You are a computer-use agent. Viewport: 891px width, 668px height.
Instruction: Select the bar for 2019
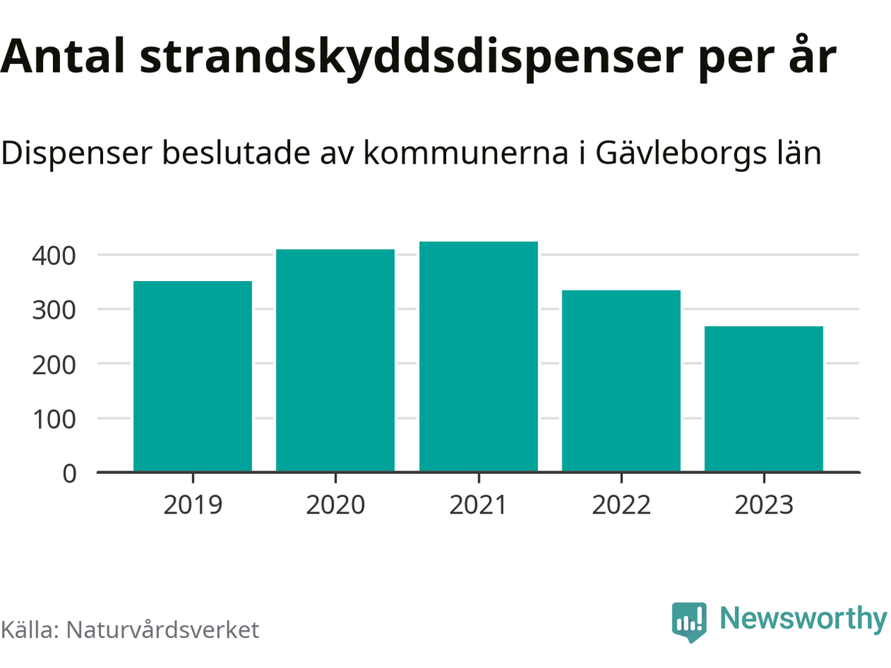[193, 376]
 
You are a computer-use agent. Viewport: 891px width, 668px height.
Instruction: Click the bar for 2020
[336, 360]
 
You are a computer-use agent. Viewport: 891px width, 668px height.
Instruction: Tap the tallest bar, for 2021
[478, 356]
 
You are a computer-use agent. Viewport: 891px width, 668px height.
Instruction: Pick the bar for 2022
[621, 381]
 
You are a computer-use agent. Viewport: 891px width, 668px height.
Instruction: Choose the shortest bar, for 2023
[764, 399]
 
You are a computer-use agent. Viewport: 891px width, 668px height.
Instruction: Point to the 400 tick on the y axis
[54, 255]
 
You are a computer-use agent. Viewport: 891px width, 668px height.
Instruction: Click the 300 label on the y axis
[54, 310]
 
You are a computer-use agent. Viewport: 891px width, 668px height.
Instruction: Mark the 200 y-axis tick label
[54, 364]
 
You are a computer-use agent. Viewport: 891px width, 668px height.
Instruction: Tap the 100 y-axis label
[54, 419]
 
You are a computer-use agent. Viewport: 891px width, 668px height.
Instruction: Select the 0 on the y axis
[70, 473]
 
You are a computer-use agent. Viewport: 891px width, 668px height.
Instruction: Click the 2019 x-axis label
[193, 504]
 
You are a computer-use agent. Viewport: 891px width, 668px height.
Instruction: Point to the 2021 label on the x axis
[478, 504]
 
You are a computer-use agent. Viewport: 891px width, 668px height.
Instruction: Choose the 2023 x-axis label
[764, 504]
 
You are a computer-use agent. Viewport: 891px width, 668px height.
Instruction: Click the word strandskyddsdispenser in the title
[411, 57]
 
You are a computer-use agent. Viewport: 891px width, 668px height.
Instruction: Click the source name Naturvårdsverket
[162, 630]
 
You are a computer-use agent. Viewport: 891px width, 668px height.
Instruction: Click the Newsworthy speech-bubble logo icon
[689, 621]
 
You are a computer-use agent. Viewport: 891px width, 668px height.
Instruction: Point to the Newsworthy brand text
[803, 619]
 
